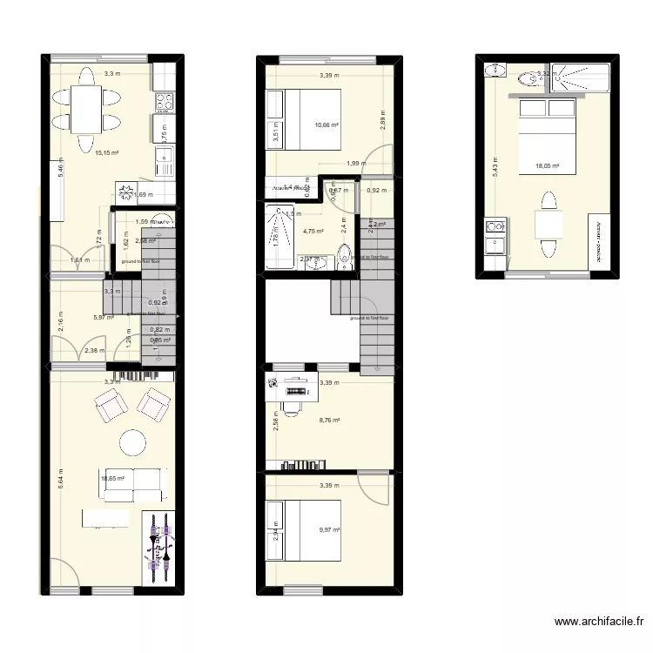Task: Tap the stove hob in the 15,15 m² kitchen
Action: pyautogui.click(x=165, y=103)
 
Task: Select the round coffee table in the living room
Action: pyautogui.click(x=133, y=442)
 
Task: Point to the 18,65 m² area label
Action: pyautogui.click(x=113, y=478)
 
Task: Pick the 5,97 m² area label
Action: pyautogui.click(x=104, y=318)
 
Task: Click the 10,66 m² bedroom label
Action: pyautogui.click(x=326, y=125)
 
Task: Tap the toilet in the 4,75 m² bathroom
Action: pyautogui.click(x=346, y=256)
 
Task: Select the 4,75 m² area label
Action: pyautogui.click(x=313, y=232)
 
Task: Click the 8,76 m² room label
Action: pyautogui.click(x=329, y=421)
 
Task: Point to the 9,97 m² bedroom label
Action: pyautogui.click(x=329, y=529)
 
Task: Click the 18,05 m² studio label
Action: pyautogui.click(x=548, y=165)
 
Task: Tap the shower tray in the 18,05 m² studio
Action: pyautogui.click(x=570, y=79)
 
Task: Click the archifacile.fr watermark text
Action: pyautogui.click(x=599, y=622)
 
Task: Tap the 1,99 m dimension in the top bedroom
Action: pyautogui.click(x=354, y=164)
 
